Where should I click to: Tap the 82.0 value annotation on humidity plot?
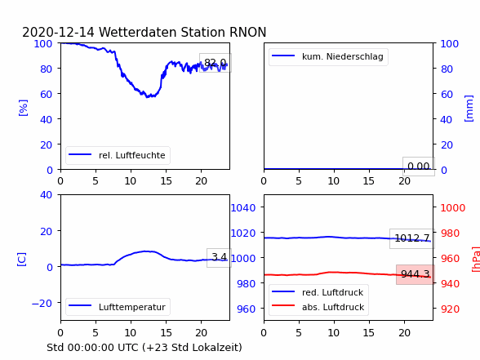(216, 63)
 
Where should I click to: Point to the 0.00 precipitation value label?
(419, 167)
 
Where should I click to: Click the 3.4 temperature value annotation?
(219, 257)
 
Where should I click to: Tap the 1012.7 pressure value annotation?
(412, 238)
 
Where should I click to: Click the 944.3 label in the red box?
(416, 274)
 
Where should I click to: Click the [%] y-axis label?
(23, 108)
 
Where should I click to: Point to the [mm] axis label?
(469, 109)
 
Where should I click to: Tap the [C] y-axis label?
(22, 260)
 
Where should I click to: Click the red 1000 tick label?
(453, 208)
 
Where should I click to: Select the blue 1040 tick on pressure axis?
(243, 208)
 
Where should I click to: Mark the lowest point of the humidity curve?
(147, 97)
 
